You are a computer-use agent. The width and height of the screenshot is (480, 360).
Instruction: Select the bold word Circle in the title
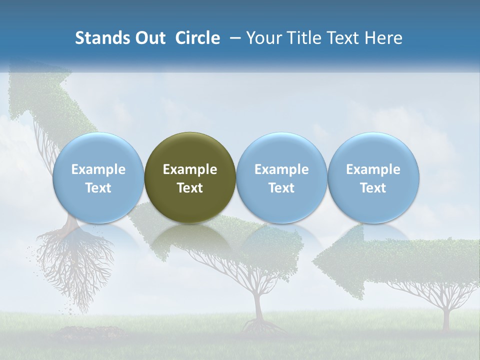(x=197, y=38)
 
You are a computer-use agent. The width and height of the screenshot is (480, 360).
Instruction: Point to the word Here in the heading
(x=384, y=38)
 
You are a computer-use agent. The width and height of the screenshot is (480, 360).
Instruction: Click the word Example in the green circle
(x=190, y=169)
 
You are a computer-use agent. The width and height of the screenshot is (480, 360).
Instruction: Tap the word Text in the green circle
(x=190, y=188)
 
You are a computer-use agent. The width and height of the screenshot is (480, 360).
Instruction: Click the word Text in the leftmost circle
(x=98, y=188)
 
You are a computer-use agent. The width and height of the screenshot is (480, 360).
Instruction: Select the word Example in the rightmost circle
(x=373, y=169)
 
